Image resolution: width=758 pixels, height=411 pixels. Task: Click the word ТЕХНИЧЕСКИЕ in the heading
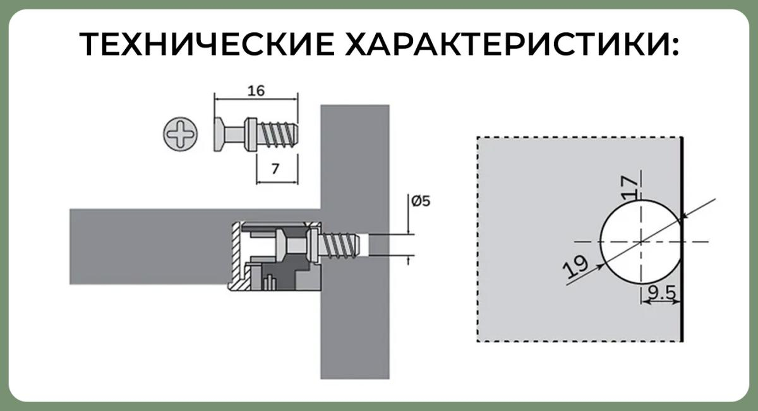pos(207,44)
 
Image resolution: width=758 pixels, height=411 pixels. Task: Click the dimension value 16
pos(256,91)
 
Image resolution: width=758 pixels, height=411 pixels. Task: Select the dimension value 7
pos(275,169)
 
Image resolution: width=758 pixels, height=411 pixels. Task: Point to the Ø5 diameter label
pos(421,201)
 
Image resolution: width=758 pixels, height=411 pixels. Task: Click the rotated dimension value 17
pos(629,187)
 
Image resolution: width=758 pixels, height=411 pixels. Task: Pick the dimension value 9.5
pos(661,293)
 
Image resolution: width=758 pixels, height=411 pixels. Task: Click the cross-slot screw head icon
pos(181,134)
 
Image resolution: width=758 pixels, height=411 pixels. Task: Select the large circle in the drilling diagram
pos(601,242)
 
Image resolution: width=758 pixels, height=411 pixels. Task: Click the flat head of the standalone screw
pos(219,134)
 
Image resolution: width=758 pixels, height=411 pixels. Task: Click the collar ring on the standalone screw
pos(251,134)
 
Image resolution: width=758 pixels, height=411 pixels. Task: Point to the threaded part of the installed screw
pos(339,246)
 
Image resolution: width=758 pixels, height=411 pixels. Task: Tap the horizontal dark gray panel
pos(149,247)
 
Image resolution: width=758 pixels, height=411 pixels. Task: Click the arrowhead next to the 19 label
pos(600,266)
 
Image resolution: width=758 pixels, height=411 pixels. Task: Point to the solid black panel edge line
pos(682,239)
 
